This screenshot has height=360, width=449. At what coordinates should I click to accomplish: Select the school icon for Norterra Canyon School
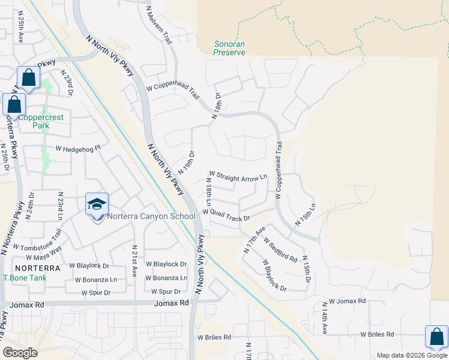(x=97, y=204)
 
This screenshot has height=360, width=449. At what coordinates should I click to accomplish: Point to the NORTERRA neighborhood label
(x=37, y=268)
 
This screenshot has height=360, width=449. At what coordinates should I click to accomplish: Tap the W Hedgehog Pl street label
(x=78, y=148)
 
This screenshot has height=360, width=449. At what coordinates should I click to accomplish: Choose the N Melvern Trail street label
(x=158, y=25)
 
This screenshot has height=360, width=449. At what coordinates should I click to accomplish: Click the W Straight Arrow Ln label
(x=238, y=178)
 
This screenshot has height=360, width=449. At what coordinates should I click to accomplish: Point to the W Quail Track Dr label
(x=226, y=215)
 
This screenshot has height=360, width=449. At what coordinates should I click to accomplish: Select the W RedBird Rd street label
(x=280, y=249)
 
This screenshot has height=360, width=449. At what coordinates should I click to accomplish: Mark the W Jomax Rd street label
(x=348, y=301)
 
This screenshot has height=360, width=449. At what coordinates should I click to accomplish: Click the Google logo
(x=20, y=353)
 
